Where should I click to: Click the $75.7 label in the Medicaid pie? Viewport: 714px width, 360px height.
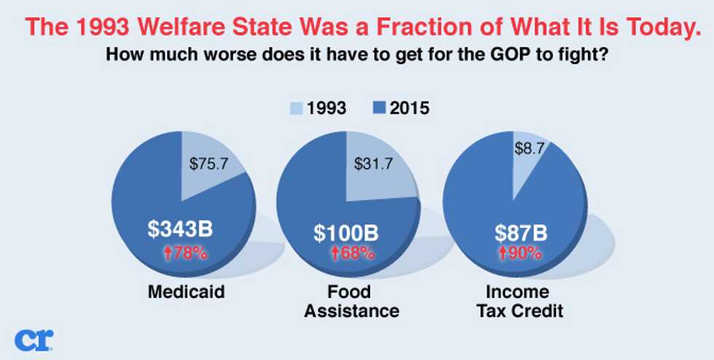pos(208,163)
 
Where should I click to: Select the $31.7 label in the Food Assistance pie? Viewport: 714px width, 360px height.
pos(373,163)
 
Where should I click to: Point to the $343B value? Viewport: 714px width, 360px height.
pos(181,230)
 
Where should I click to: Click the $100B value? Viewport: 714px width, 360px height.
pos(346,233)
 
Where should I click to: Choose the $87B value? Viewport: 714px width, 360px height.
pos(522,233)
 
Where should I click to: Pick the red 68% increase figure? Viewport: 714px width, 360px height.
pos(353,253)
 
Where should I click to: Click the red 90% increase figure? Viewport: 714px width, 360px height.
pos(520,253)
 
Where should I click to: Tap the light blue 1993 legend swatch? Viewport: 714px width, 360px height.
pos(296,109)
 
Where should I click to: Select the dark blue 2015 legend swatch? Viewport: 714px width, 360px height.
pos(381,109)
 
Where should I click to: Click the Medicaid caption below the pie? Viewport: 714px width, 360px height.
pos(187,291)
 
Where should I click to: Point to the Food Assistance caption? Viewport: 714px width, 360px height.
pos(351,301)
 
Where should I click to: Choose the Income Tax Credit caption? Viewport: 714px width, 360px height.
pos(520,301)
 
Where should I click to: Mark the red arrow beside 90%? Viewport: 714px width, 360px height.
pos(502,254)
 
